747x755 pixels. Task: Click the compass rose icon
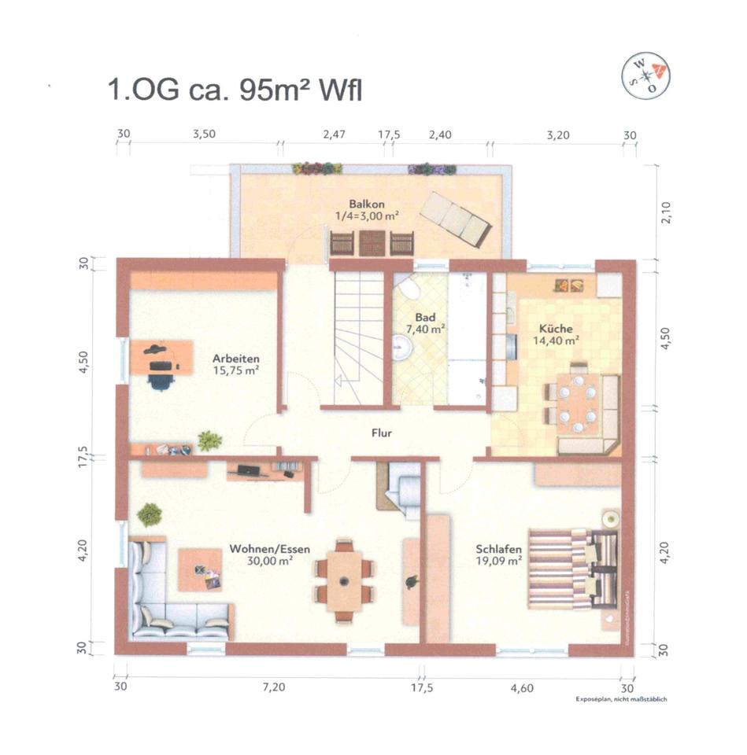coord(645,76)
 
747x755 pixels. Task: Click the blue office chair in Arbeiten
coord(161,379)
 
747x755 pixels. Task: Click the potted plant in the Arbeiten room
coord(209,440)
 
